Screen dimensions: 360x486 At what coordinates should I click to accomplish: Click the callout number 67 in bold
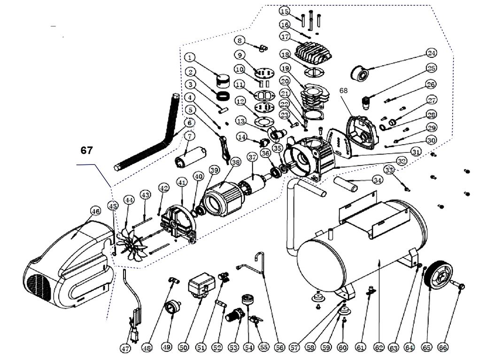[86, 150]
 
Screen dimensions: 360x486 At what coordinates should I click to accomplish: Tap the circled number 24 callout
[431, 53]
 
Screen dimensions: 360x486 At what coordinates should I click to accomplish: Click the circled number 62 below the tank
[379, 347]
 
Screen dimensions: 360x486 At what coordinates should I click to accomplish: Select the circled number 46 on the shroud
[95, 211]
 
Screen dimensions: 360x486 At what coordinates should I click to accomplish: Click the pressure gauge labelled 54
[247, 300]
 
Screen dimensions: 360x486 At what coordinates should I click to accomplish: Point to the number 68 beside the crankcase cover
[344, 90]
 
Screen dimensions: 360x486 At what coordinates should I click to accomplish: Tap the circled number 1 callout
[190, 57]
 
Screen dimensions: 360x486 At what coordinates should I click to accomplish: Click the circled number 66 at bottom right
[442, 347]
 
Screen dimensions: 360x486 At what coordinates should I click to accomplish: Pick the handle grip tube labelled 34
[345, 184]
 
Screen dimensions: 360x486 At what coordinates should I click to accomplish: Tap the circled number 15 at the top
[285, 11]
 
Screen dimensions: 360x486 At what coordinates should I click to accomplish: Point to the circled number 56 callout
[279, 347]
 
